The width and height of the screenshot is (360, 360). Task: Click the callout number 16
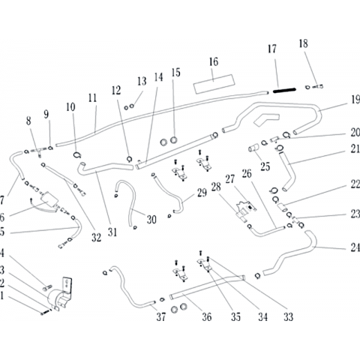[x=214, y=61]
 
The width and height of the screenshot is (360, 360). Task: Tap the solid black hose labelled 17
[x=284, y=90]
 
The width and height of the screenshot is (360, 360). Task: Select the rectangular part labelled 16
[x=214, y=84]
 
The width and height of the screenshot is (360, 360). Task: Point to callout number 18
[x=303, y=43]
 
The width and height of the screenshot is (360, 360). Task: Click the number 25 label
[x=265, y=166]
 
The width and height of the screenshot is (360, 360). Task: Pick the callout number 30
[x=151, y=220]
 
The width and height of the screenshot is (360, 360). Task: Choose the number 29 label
[x=202, y=193]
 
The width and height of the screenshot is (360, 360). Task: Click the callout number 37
[x=161, y=317]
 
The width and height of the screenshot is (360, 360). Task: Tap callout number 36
[x=207, y=317]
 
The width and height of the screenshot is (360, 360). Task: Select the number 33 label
[x=288, y=317]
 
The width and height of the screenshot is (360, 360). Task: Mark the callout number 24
[x=355, y=247]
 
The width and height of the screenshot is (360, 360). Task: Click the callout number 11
[x=92, y=98]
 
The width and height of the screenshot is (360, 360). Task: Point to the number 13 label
[x=142, y=81]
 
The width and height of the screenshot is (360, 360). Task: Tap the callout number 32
[x=96, y=238]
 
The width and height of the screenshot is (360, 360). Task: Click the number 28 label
[x=216, y=187]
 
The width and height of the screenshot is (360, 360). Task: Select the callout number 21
[x=355, y=149]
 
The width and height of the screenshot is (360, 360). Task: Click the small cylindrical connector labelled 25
[x=253, y=148]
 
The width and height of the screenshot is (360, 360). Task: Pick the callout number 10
[x=70, y=107]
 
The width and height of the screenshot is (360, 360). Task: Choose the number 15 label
[x=175, y=73]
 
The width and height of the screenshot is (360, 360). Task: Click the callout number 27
[x=230, y=179]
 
